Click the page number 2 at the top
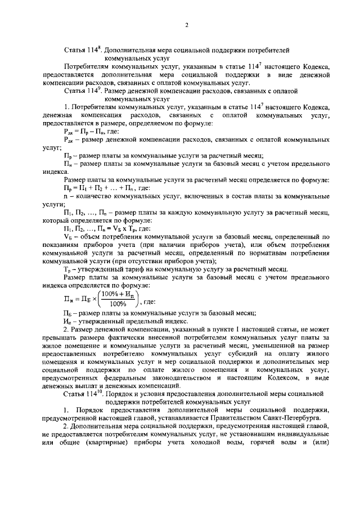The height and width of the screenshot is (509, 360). (186, 25)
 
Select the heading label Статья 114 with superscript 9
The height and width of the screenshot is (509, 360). (83, 90)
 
